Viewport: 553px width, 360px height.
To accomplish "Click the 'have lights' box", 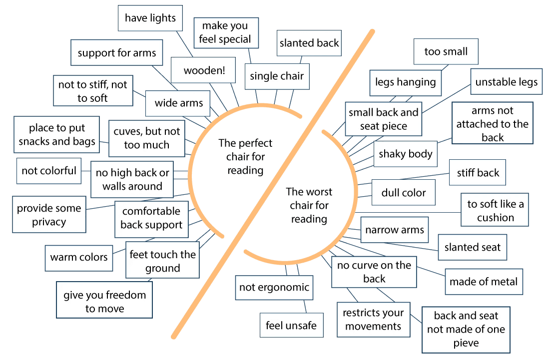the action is coord(150,18).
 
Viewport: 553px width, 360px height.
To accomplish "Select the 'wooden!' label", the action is coord(204,70).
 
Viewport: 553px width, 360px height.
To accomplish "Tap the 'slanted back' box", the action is coord(309,43).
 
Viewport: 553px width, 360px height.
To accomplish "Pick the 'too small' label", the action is coord(446,51).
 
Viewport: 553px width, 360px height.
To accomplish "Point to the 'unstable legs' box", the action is coord(506,82).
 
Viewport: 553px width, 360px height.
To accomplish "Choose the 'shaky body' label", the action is coord(405,154).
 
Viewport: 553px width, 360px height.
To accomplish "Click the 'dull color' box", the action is coord(404,192).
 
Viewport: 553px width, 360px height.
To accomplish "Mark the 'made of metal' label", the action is coord(484,282).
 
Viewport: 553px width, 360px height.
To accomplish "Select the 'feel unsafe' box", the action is coord(291,326).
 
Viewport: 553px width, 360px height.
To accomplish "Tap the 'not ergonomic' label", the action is coord(274,287).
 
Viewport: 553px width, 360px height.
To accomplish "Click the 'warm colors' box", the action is coord(79,258).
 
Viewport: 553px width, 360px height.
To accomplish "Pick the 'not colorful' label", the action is coord(49,171).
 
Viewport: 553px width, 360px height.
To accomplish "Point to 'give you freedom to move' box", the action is coord(104,302).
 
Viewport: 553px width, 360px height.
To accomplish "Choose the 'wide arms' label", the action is coord(179,103).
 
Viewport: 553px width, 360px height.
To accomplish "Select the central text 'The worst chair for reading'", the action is coord(309,205).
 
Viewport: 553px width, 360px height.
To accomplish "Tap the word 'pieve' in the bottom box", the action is coord(466,343).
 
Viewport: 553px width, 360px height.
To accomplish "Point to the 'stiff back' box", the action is coord(478,173).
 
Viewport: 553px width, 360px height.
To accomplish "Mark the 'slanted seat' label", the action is coord(472,247).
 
